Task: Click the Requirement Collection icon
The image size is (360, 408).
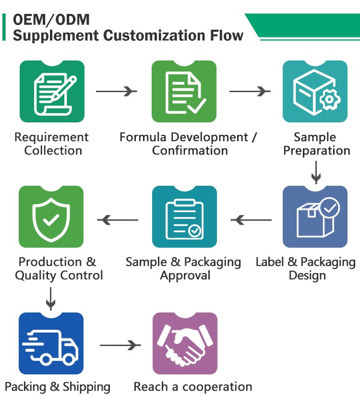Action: point(52,92)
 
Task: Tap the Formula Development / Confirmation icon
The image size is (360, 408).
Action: point(184,92)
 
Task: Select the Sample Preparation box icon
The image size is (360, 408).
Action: point(315,92)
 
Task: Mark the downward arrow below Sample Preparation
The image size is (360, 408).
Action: point(315,172)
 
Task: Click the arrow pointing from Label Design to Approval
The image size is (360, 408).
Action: point(251,220)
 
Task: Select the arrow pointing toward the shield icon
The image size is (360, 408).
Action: point(118,220)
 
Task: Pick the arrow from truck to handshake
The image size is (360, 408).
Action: point(120,345)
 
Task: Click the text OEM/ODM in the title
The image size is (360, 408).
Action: point(51,20)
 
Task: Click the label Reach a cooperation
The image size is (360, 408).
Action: point(192,387)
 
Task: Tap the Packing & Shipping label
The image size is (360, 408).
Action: point(58,387)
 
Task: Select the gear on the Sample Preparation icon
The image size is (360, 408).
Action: point(329,99)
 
